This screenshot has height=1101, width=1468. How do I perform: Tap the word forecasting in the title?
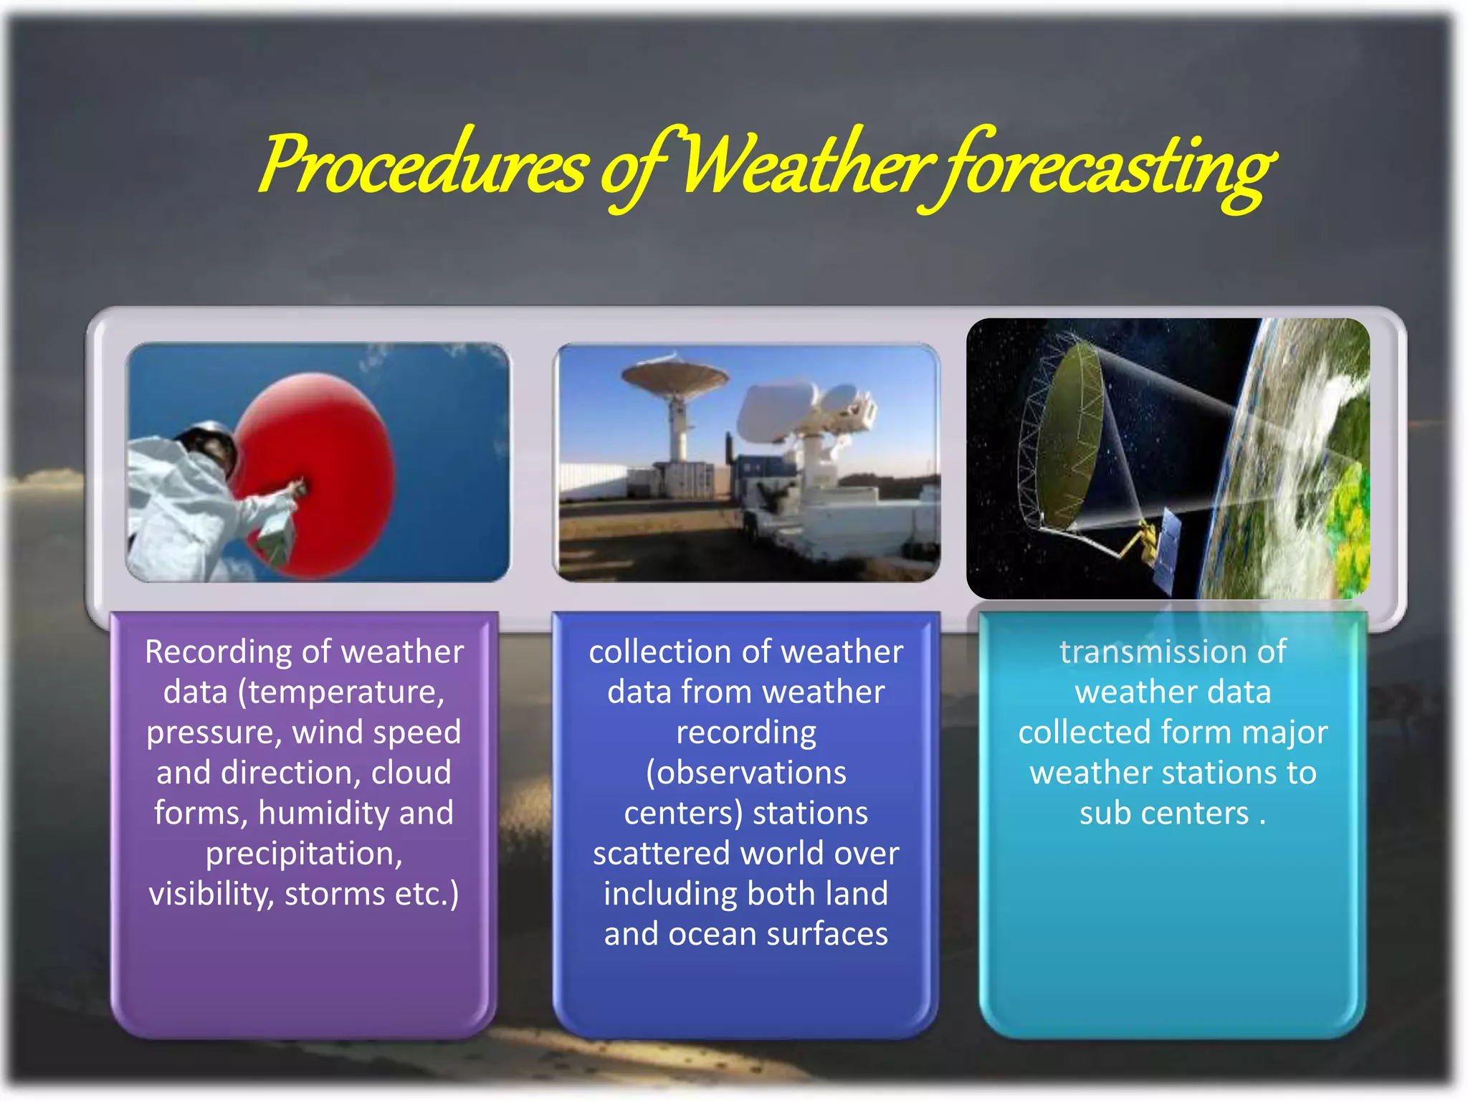pos(1104,168)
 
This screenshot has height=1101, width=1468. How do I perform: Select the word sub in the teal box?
pos(1105,814)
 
